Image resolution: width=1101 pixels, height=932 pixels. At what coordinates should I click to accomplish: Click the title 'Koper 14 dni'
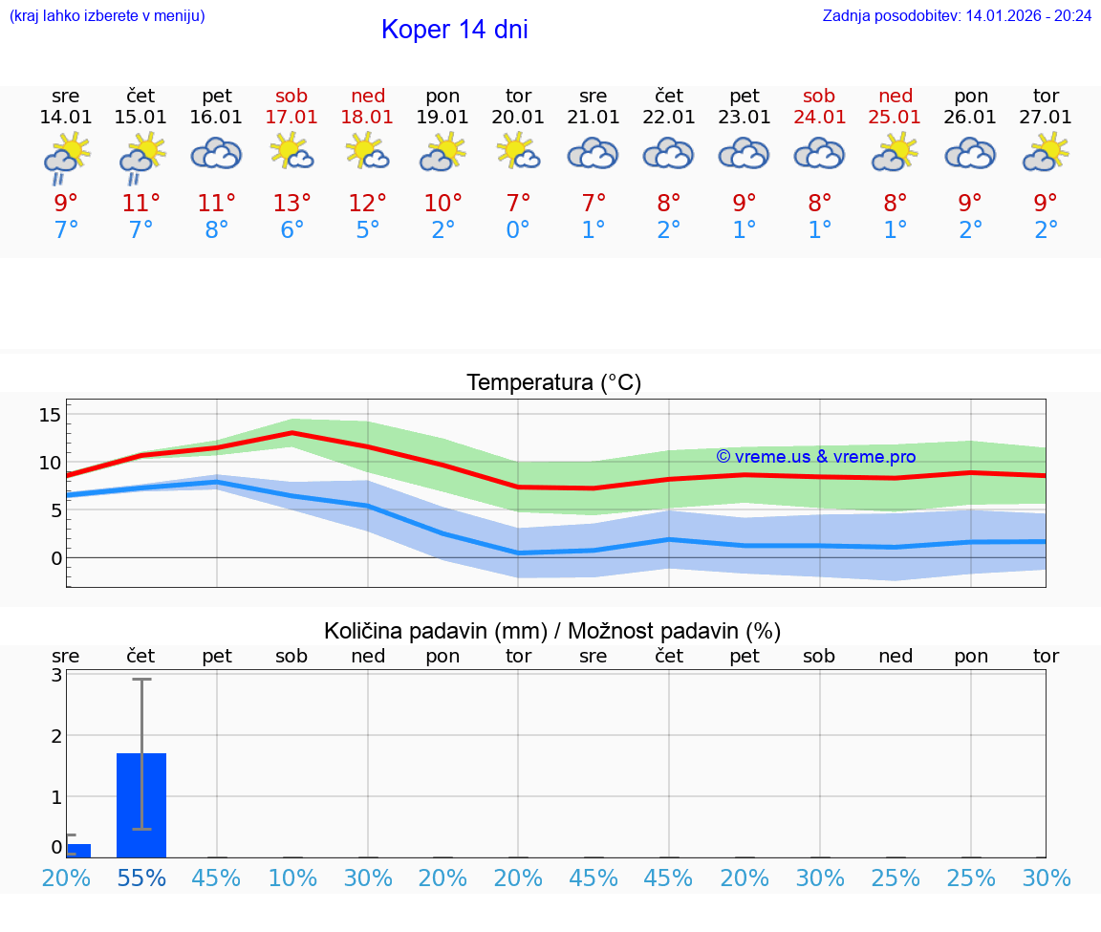[454, 30]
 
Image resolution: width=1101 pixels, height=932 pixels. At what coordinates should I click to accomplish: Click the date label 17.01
[291, 118]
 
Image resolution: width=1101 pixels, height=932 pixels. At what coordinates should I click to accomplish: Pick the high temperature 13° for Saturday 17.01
[291, 204]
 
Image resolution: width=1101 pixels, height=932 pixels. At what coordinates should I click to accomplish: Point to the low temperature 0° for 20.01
[518, 230]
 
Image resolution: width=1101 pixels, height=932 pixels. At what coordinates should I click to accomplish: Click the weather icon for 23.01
[745, 154]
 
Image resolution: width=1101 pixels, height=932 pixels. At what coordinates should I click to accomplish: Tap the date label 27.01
[1046, 118]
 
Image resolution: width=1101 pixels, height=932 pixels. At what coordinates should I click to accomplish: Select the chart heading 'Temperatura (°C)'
[553, 383]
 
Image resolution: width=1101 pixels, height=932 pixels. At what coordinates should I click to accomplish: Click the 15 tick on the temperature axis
[50, 415]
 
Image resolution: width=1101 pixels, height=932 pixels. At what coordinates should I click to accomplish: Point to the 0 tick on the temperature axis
[56, 557]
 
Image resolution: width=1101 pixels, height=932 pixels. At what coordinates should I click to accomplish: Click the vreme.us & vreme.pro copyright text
[815, 457]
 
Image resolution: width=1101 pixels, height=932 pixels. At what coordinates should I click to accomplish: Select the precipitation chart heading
[552, 631]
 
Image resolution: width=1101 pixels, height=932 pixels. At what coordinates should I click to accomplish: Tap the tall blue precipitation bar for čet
[141, 805]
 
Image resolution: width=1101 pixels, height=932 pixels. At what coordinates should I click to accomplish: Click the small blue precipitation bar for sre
[78, 851]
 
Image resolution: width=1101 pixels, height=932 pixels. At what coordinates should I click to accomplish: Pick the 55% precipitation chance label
[141, 878]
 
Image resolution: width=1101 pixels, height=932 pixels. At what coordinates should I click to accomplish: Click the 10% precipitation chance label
[291, 878]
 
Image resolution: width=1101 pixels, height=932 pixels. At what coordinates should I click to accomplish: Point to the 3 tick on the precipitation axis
[56, 675]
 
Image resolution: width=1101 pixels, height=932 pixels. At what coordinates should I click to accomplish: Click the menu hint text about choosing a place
[106, 16]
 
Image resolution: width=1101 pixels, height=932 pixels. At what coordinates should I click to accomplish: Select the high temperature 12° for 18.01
[367, 204]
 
